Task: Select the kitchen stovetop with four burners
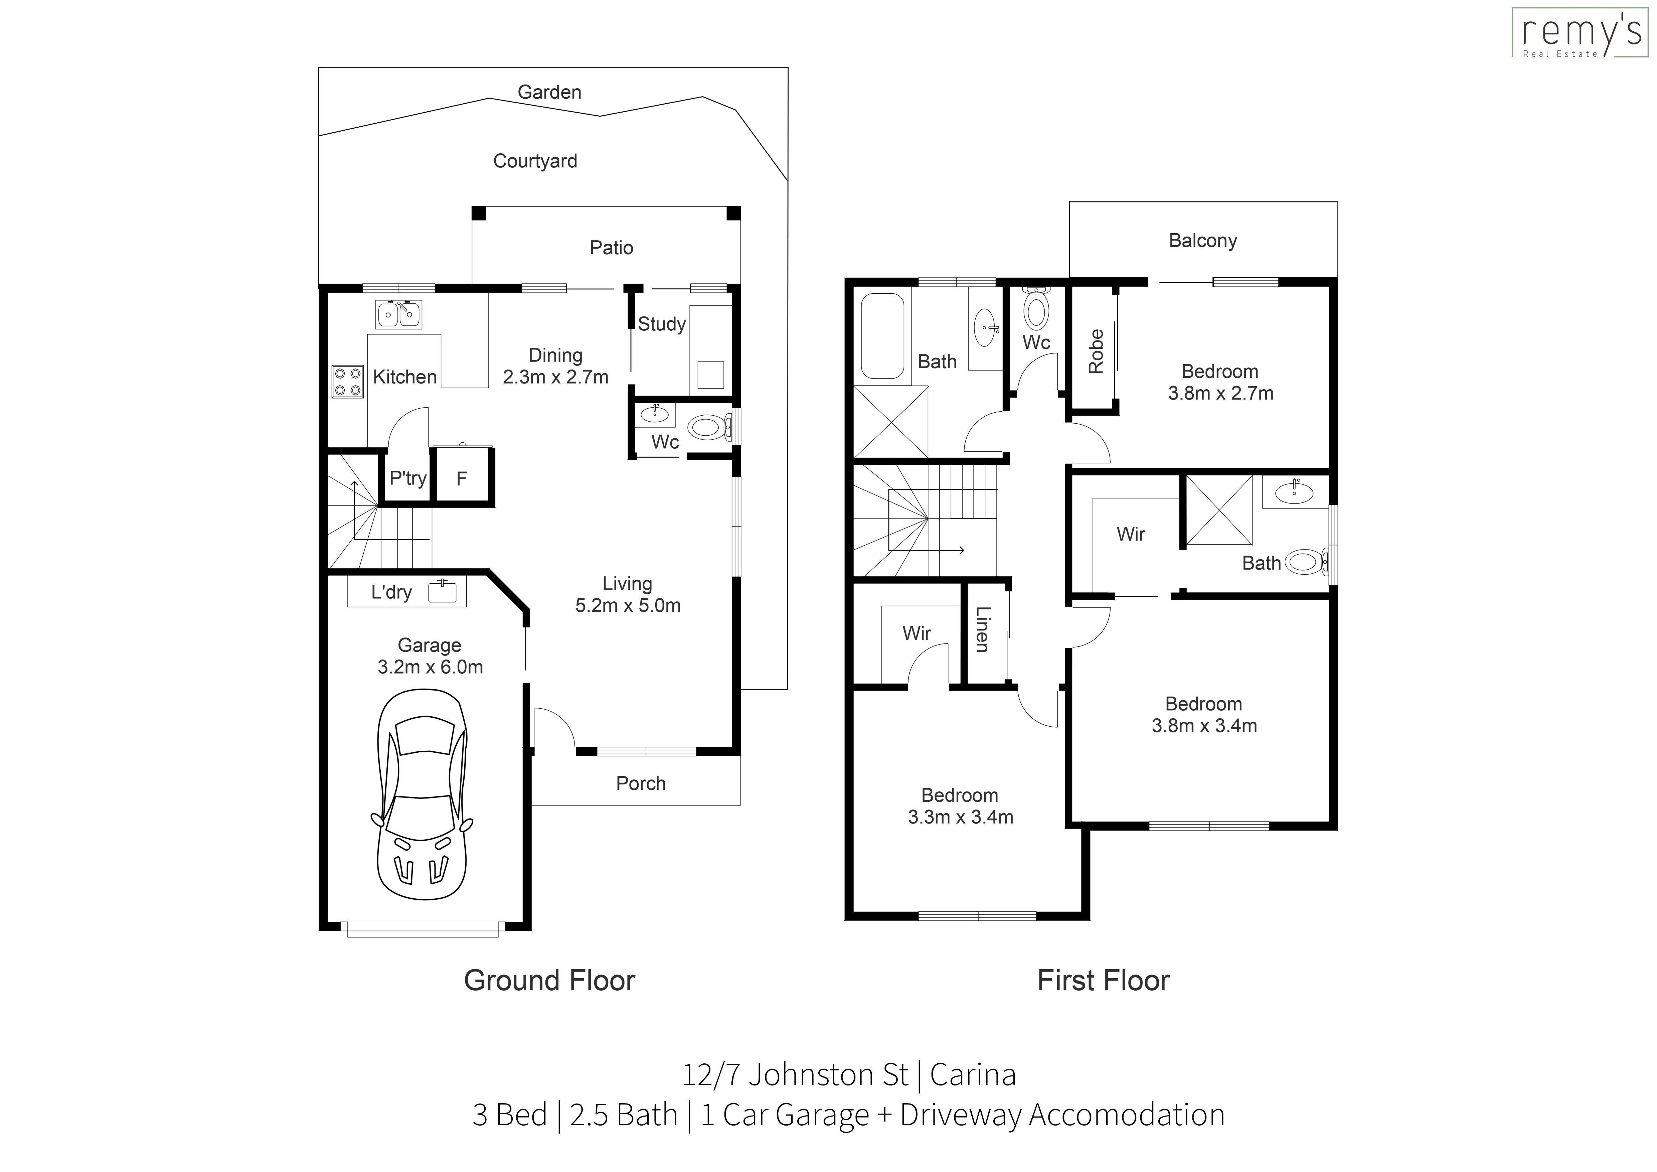(x=347, y=382)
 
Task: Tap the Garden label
(x=549, y=92)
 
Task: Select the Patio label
(x=611, y=248)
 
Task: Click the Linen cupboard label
(x=982, y=629)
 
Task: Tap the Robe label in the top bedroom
(x=1096, y=351)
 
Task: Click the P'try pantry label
(x=408, y=478)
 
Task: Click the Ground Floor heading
(x=549, y=981)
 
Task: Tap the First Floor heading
(x=1103, y=981)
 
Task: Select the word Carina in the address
(x=973, y=1075)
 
